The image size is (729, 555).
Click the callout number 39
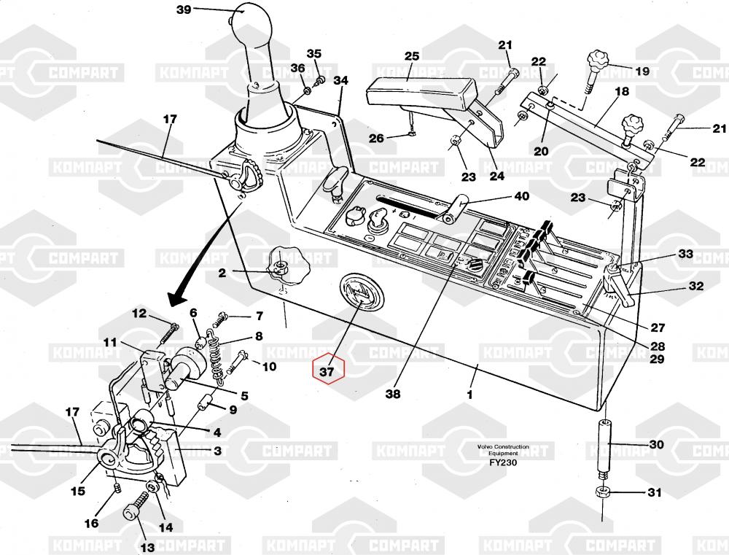tap(184, 9)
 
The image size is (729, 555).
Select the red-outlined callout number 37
tap(328, 371)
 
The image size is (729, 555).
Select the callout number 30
tap(655, 444)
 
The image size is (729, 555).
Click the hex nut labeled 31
tap(602, 492)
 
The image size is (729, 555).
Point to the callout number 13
tap(147, 547)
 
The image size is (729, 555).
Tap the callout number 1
tap(470, 395)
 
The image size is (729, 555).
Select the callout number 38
tap(394, 395)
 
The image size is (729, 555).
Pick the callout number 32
tap(696, 286)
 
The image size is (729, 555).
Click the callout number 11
tap(110, 341)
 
